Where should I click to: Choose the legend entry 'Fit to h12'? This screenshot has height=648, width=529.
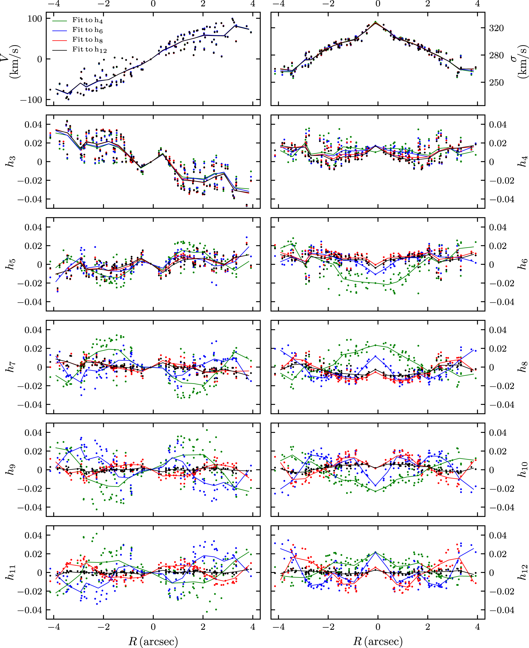pyautogui.click(x=89, y=50)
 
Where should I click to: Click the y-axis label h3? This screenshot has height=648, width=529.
pyautogui.click(x=11, y=161)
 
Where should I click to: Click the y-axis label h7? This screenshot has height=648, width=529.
pyautogui.click(x=11, y=367)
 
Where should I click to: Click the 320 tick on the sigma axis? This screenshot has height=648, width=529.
pyautogui.click(x=496, y=28)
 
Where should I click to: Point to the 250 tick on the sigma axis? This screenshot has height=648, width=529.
pyautogui.click(x=496, y=82)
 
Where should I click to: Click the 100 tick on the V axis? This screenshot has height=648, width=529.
pyautogui.click(x=35, y=18)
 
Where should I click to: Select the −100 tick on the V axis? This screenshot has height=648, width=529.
pyautogui.click(x=31, y=100)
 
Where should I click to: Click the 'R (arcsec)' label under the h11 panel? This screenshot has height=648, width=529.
pyautogui.click(x=153, y=640)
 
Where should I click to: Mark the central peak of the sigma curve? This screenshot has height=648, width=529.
pyautogui.click(x=375, y=22)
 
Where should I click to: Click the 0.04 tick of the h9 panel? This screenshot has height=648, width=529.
pyautogui.click(x=33, y=432)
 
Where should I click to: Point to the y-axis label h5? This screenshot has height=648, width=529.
pyautogui.click(x=11, y=264)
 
